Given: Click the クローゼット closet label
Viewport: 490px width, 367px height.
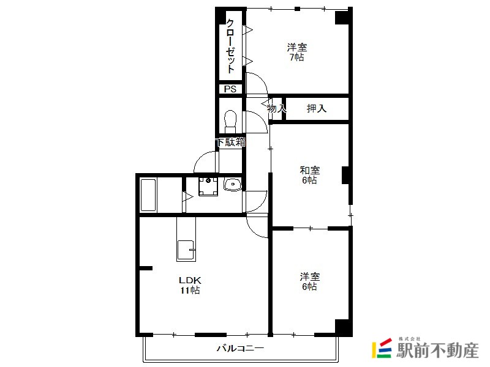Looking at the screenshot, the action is tap(230, 46).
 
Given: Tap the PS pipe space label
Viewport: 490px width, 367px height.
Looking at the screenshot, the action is tap(230, 89).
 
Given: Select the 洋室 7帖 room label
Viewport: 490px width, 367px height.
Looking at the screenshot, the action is tap(297, 52).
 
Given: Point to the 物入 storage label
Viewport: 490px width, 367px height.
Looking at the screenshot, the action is tap(277, 109).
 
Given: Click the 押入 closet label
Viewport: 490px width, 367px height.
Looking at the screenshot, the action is tap(317, 109).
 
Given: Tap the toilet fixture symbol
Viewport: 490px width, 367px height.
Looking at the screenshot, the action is tap(231, 122).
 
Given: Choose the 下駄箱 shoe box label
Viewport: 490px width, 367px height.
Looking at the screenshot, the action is tap(231, 143).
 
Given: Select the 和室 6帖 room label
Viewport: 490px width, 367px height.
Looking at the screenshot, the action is tap(310, 175).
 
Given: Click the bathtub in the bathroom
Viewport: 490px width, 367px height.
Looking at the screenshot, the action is tap(148, 195).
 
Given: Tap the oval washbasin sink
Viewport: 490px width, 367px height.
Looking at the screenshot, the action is tap(233, 184).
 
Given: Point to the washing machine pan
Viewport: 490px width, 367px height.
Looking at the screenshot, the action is tap(208, 187).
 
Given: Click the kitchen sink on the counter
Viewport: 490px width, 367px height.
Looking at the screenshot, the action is tap(186, 251).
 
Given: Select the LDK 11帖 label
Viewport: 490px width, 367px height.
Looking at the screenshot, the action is tap(190, 285).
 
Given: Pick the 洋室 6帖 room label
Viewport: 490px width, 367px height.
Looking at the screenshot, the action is tap(310, 281).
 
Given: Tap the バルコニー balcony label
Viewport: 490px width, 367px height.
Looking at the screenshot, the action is tap(240, 348).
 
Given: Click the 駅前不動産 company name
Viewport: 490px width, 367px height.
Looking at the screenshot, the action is tap(437, 350).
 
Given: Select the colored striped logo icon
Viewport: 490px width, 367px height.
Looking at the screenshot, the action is tap(382, 348).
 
